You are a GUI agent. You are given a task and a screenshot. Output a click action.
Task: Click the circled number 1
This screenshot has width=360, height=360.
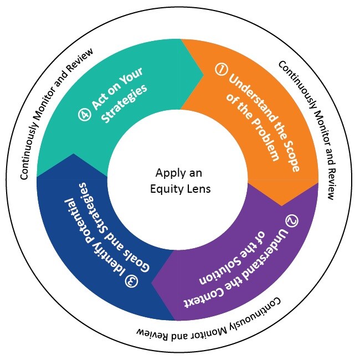coord(221,70)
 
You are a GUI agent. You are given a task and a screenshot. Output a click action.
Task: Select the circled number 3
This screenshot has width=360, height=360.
coord(131,281)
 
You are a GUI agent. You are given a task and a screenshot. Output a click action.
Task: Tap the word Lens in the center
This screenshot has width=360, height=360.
coord(198,188)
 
